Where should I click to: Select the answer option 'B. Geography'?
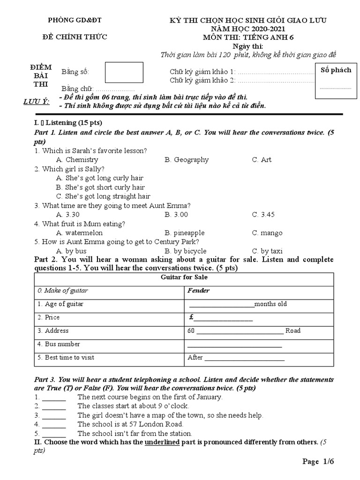[x=187, y=160]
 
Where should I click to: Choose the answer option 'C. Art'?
[x=262, y=160]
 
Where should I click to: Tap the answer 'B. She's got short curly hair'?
[x=100, y=187]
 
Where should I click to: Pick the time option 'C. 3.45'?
[x=263, y=215]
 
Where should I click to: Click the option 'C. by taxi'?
[x=267, y=251]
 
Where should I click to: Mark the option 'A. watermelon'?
[x=79, y=233]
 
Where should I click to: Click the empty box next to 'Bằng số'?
[x=124, y=73]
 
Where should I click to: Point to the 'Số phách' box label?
[x=335, y=70]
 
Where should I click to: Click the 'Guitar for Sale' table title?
[x=184, y=277]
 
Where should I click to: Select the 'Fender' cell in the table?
[x=199, y=291]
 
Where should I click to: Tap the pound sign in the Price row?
[x=191, y=317]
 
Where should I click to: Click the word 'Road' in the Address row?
[x=293, y=331]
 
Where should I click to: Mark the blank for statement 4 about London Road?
[x=54, y=425]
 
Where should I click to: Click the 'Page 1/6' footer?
[x=318, y=462]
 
